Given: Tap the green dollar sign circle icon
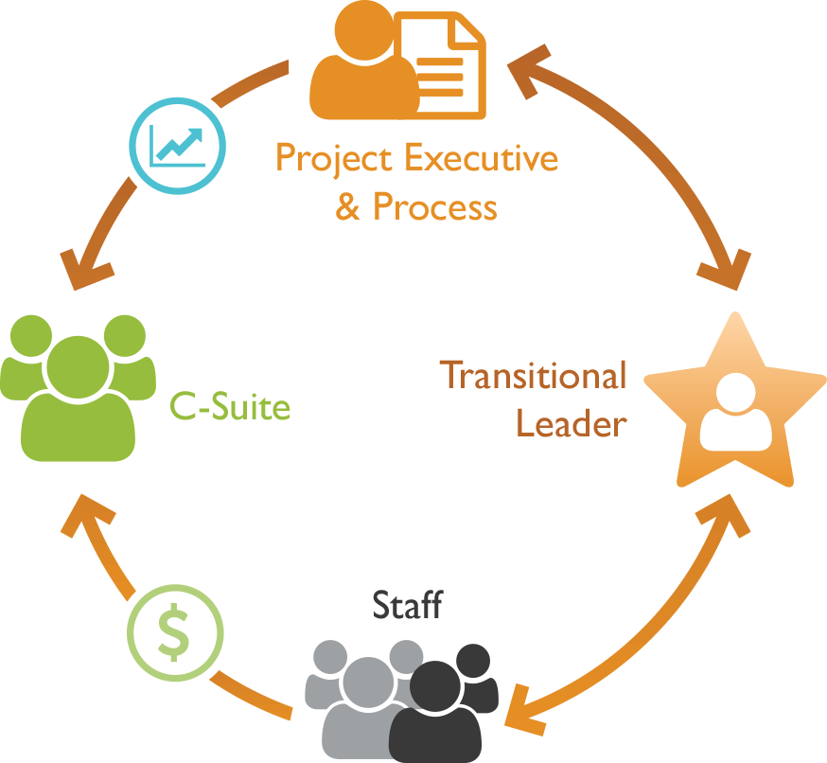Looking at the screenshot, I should [x=177, y=633].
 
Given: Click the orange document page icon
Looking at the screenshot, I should [x=440, y=64].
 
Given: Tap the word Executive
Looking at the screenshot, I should [x=482, y=158].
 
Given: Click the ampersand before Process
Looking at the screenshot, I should [x=347, y=206].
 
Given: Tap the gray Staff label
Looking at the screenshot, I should [x=407, y=605].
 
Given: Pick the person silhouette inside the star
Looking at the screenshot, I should [x=735, y=413].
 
